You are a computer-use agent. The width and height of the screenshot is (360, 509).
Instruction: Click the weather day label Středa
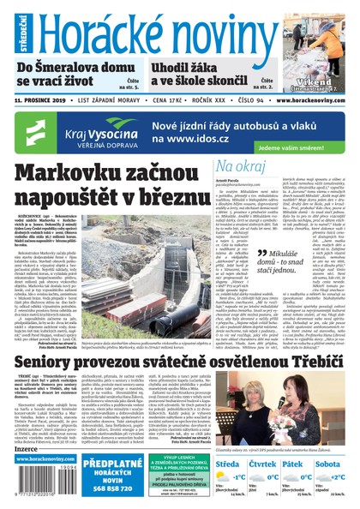pyautogui.click(x=227, y=464)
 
